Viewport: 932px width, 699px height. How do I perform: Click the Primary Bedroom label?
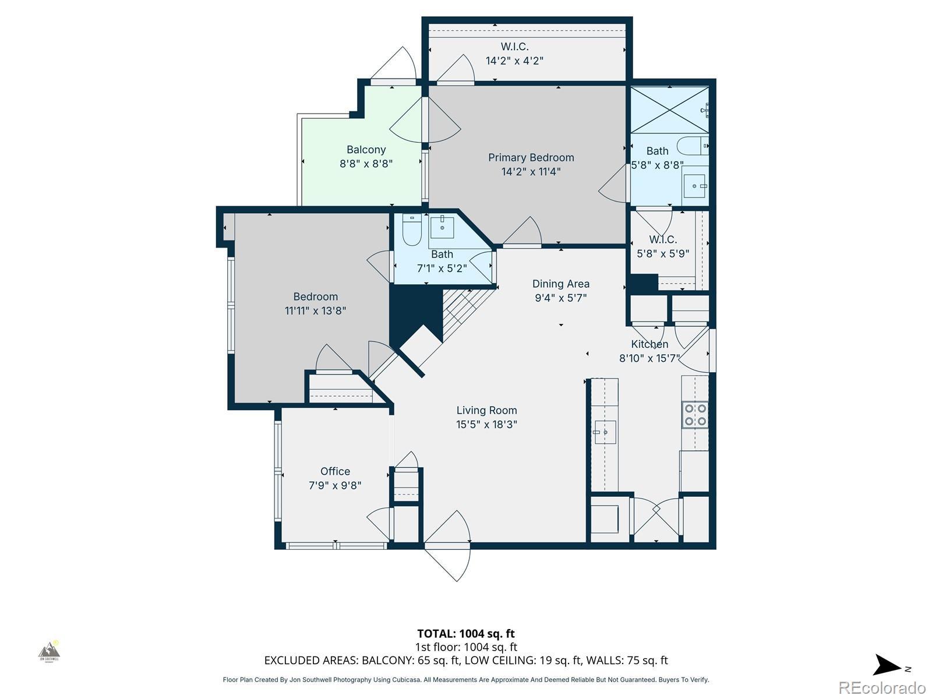click(531, 157)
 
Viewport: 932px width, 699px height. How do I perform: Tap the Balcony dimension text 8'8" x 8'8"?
click(366, 164)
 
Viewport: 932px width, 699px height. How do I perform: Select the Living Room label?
click(486, 411)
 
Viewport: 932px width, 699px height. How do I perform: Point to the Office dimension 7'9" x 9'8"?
click(335, 485)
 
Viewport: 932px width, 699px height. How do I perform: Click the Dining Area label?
click(561, 284)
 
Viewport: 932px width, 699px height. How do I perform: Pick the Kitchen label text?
click(649, 344)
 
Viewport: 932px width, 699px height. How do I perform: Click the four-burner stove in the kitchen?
click(695, 415)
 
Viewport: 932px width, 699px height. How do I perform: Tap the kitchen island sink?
click(605, 432)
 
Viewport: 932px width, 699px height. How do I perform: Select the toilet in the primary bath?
click(693, 146)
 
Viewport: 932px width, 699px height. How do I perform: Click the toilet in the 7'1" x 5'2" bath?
click(411, 230)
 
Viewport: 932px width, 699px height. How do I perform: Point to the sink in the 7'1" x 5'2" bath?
click(442, 228)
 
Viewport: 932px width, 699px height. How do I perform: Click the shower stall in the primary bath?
click(670, 110)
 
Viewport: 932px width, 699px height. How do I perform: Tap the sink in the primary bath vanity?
click(695, 186)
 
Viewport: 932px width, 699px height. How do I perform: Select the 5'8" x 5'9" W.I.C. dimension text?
click(663, 254)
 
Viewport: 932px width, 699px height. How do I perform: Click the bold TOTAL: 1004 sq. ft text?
click(466, 634)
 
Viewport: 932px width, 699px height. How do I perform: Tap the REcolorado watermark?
click(882, 687)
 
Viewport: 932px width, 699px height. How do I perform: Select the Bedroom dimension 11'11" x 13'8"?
click(316, 310)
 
